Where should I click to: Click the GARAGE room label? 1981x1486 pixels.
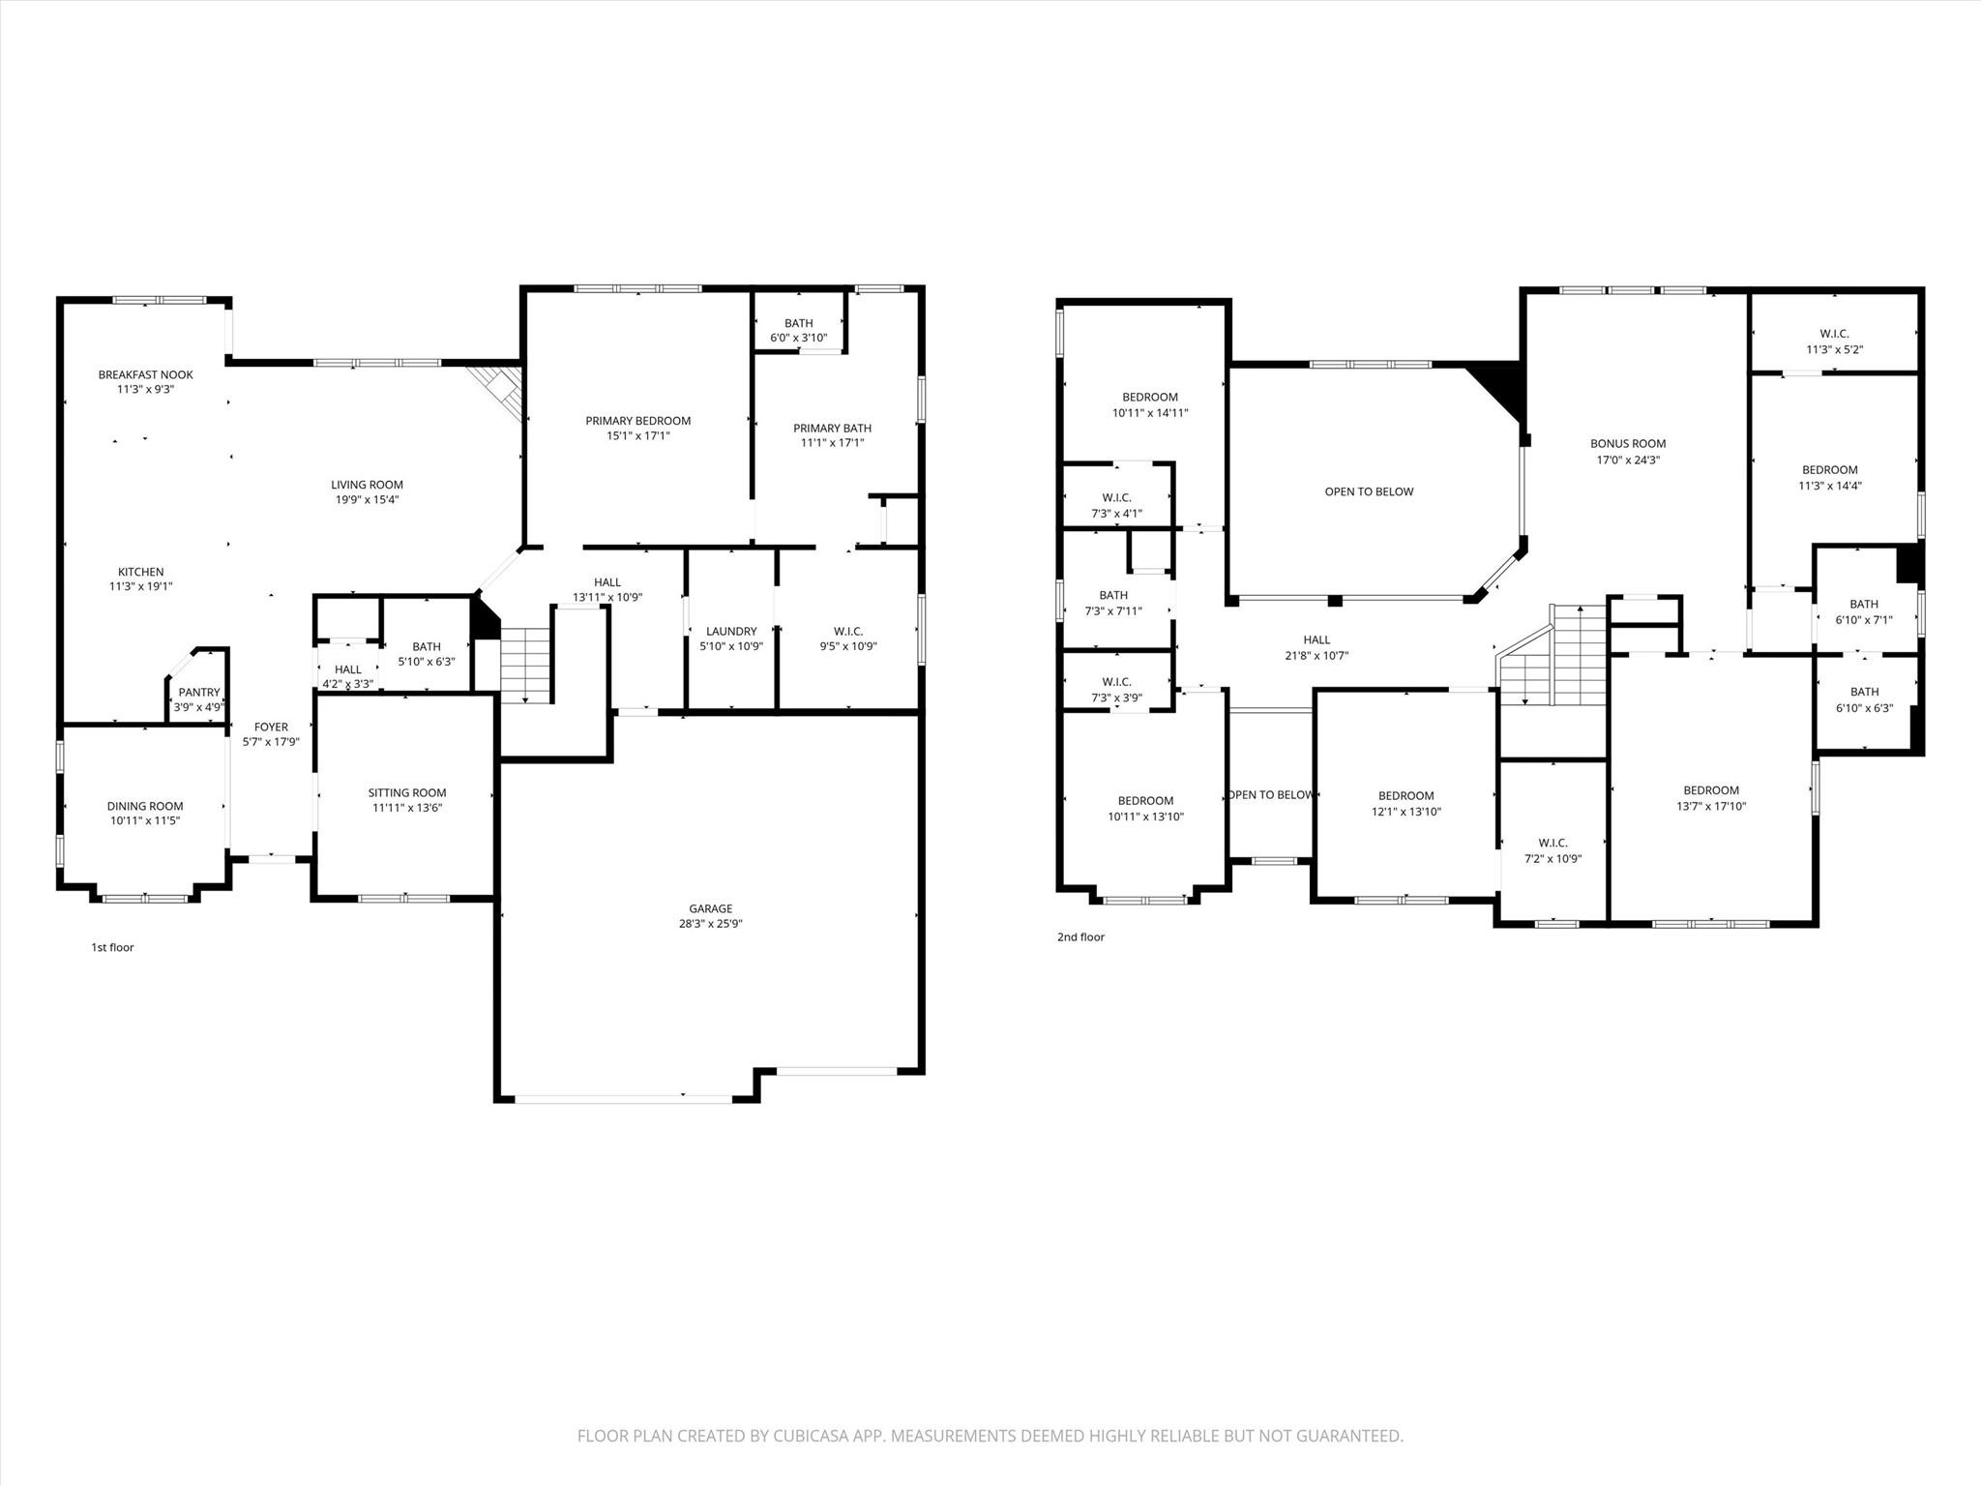click(710, 908)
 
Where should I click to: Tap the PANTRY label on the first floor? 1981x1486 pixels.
click(199, 692)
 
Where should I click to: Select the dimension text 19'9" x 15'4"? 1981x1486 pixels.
click(367, 500)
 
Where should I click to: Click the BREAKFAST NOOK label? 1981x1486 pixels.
click(145, 374)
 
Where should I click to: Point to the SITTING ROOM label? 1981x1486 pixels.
click(406, 792)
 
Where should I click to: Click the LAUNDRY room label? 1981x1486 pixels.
click(731, 631)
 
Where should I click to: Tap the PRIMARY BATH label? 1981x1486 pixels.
click(832, 428)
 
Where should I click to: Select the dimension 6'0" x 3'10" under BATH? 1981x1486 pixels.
click(798, 338)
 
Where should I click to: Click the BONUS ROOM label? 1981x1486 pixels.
click(1628, 444)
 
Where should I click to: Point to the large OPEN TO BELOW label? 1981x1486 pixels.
click(1369, 491)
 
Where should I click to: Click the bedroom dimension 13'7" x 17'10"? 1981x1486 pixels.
click(1710, 806)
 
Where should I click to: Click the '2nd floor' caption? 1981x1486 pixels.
click(1080, 936)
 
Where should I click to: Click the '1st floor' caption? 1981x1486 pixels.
click(112, 947)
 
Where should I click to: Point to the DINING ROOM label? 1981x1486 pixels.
click(145, 806)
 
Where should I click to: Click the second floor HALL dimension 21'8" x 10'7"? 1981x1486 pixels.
click(1316, 655)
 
